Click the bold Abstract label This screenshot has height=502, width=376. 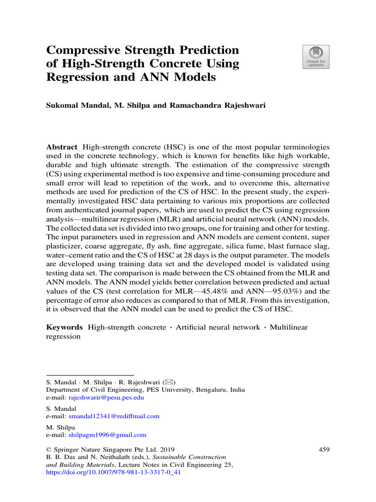point(62,147)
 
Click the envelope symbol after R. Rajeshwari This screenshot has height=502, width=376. point(168,382)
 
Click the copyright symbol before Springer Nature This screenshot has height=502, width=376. point(48,449)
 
